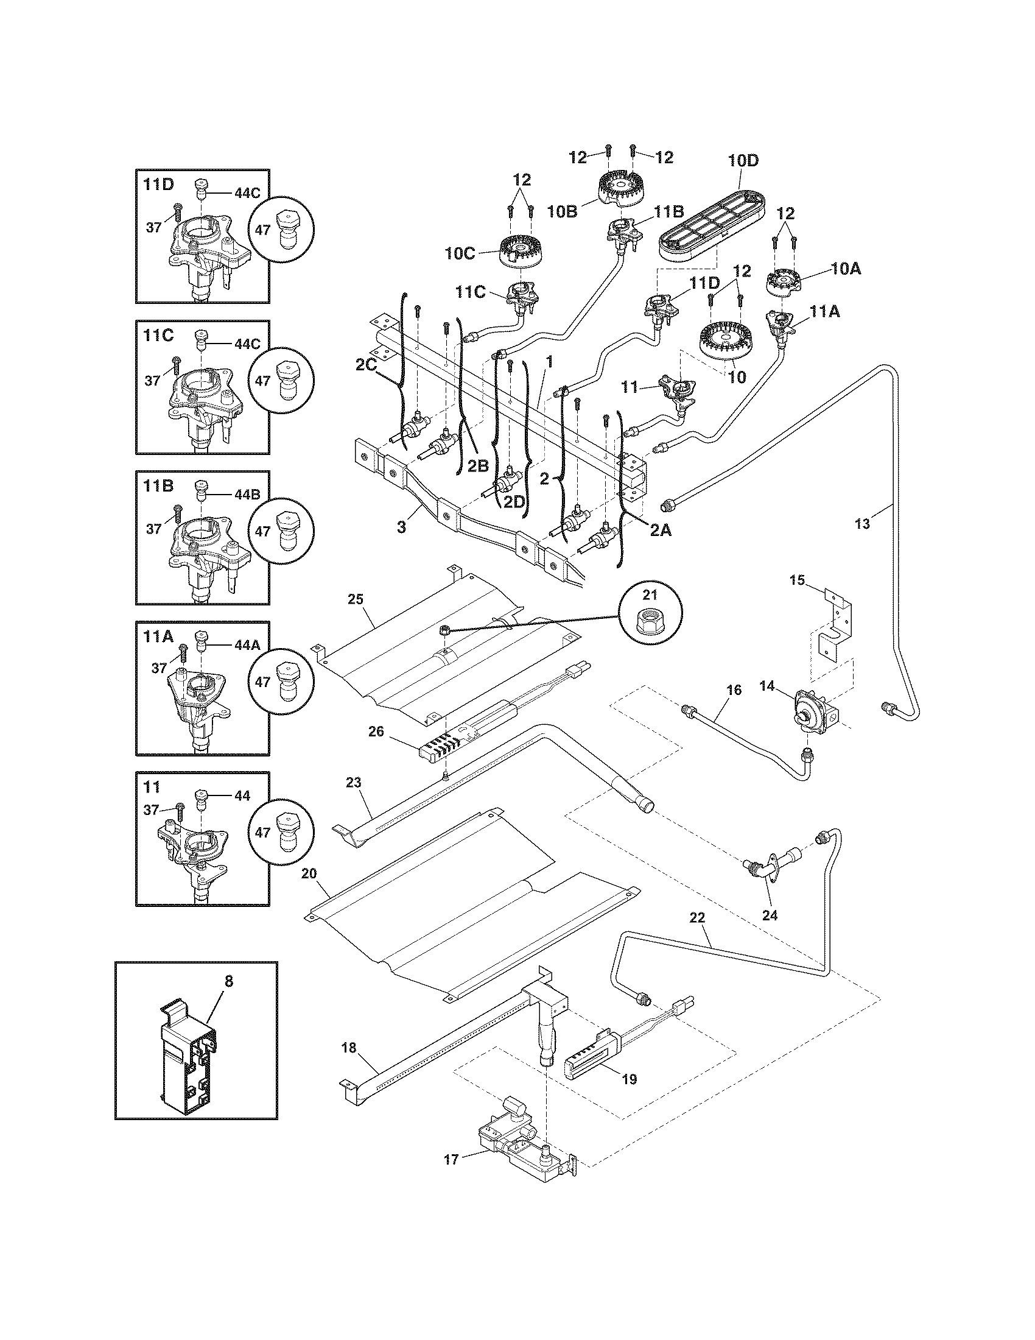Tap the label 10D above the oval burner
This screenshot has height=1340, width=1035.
point(743,161)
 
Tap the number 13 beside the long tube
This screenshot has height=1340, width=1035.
point(861,524)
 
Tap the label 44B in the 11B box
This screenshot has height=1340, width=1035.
point(247,494)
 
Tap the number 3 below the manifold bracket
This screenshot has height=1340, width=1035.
point(401,527)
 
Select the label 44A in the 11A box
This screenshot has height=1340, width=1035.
point(247,645)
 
